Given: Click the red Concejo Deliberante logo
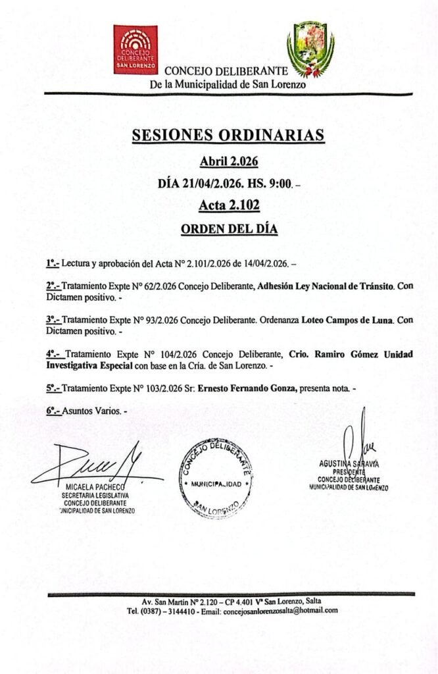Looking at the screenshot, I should click(135, 49).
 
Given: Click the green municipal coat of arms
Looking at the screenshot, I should click(310, 50).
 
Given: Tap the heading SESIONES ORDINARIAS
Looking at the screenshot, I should click(228, 135).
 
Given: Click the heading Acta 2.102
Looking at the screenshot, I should click(228, 206).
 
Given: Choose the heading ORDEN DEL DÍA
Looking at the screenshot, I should click(228, 230).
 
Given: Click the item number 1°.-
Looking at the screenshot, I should click(52, 264).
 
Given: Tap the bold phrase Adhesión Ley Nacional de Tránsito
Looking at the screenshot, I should click(325, 286).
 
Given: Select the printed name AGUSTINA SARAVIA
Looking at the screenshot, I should click(349, 463).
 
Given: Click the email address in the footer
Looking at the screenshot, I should click(280, 611).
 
